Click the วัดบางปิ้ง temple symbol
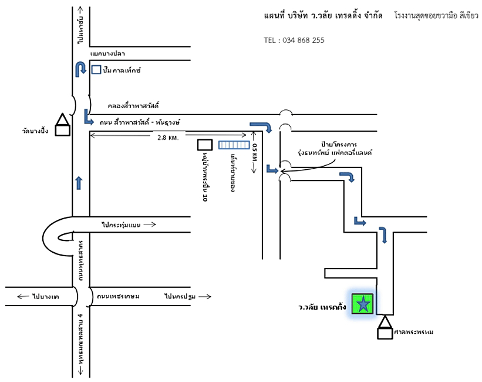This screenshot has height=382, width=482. click(62, 125)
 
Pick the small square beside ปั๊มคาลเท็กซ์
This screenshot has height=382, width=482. click(96, 70)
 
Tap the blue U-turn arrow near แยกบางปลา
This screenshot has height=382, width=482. click(80, 69)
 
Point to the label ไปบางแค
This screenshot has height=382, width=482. click(37, 297)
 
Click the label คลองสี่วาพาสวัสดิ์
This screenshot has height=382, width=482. click(134, 106)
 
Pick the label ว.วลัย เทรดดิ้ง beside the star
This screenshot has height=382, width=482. click(322, 307)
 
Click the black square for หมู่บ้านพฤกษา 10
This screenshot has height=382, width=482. click(204, 145)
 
